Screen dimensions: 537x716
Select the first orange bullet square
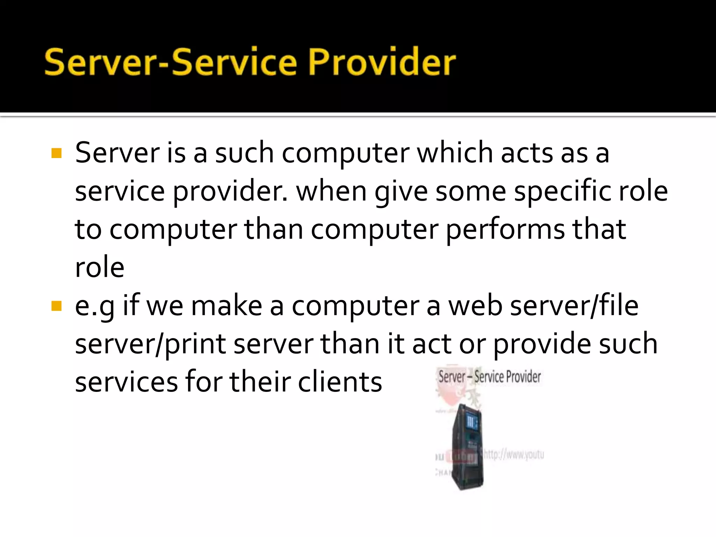tap(56, 153)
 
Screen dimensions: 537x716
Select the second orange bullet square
tap(56, 306)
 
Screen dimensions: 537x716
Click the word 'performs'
tap(505, 229)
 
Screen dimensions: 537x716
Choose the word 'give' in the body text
tap(401, 192)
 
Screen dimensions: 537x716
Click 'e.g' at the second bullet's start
tap(94, 306)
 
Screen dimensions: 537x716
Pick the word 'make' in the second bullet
tap(227, 306)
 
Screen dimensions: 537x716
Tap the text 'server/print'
tap(150, 344)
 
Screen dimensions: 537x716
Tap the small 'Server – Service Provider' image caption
tap(489, 377)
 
